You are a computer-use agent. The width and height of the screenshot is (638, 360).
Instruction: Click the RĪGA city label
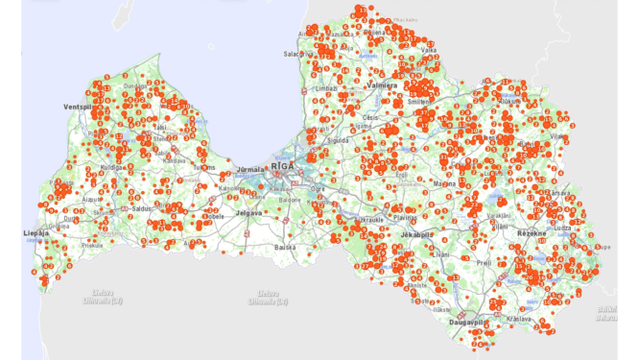click(x=283, y=166)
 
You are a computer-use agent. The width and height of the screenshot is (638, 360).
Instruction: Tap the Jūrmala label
click(x=251, y=169)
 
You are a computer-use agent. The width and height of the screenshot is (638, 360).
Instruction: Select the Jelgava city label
click(x=248, y=212)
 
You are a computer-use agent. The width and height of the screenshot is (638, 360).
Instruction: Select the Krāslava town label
click(x=520, y=318)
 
